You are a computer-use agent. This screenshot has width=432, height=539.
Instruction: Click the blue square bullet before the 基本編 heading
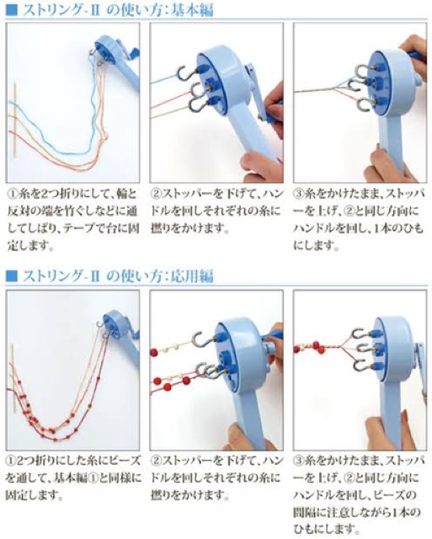[12, 9]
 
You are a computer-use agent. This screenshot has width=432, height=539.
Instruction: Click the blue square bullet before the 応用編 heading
[12, 276]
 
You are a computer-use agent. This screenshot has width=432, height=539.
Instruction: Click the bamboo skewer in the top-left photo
[15, 120]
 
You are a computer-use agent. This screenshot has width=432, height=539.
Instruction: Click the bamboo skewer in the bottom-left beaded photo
[13, 377]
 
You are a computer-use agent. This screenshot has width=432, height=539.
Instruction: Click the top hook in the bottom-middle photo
[204, 340]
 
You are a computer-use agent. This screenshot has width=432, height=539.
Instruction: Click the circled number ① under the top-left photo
[13, 194]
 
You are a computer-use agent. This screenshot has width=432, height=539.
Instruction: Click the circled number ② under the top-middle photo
[157, 194]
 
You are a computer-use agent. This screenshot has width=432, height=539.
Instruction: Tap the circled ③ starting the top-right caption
[299, 194]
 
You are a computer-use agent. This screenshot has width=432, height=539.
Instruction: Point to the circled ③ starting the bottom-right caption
[299, 461]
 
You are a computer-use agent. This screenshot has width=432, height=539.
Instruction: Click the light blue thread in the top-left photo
[69, 152]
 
